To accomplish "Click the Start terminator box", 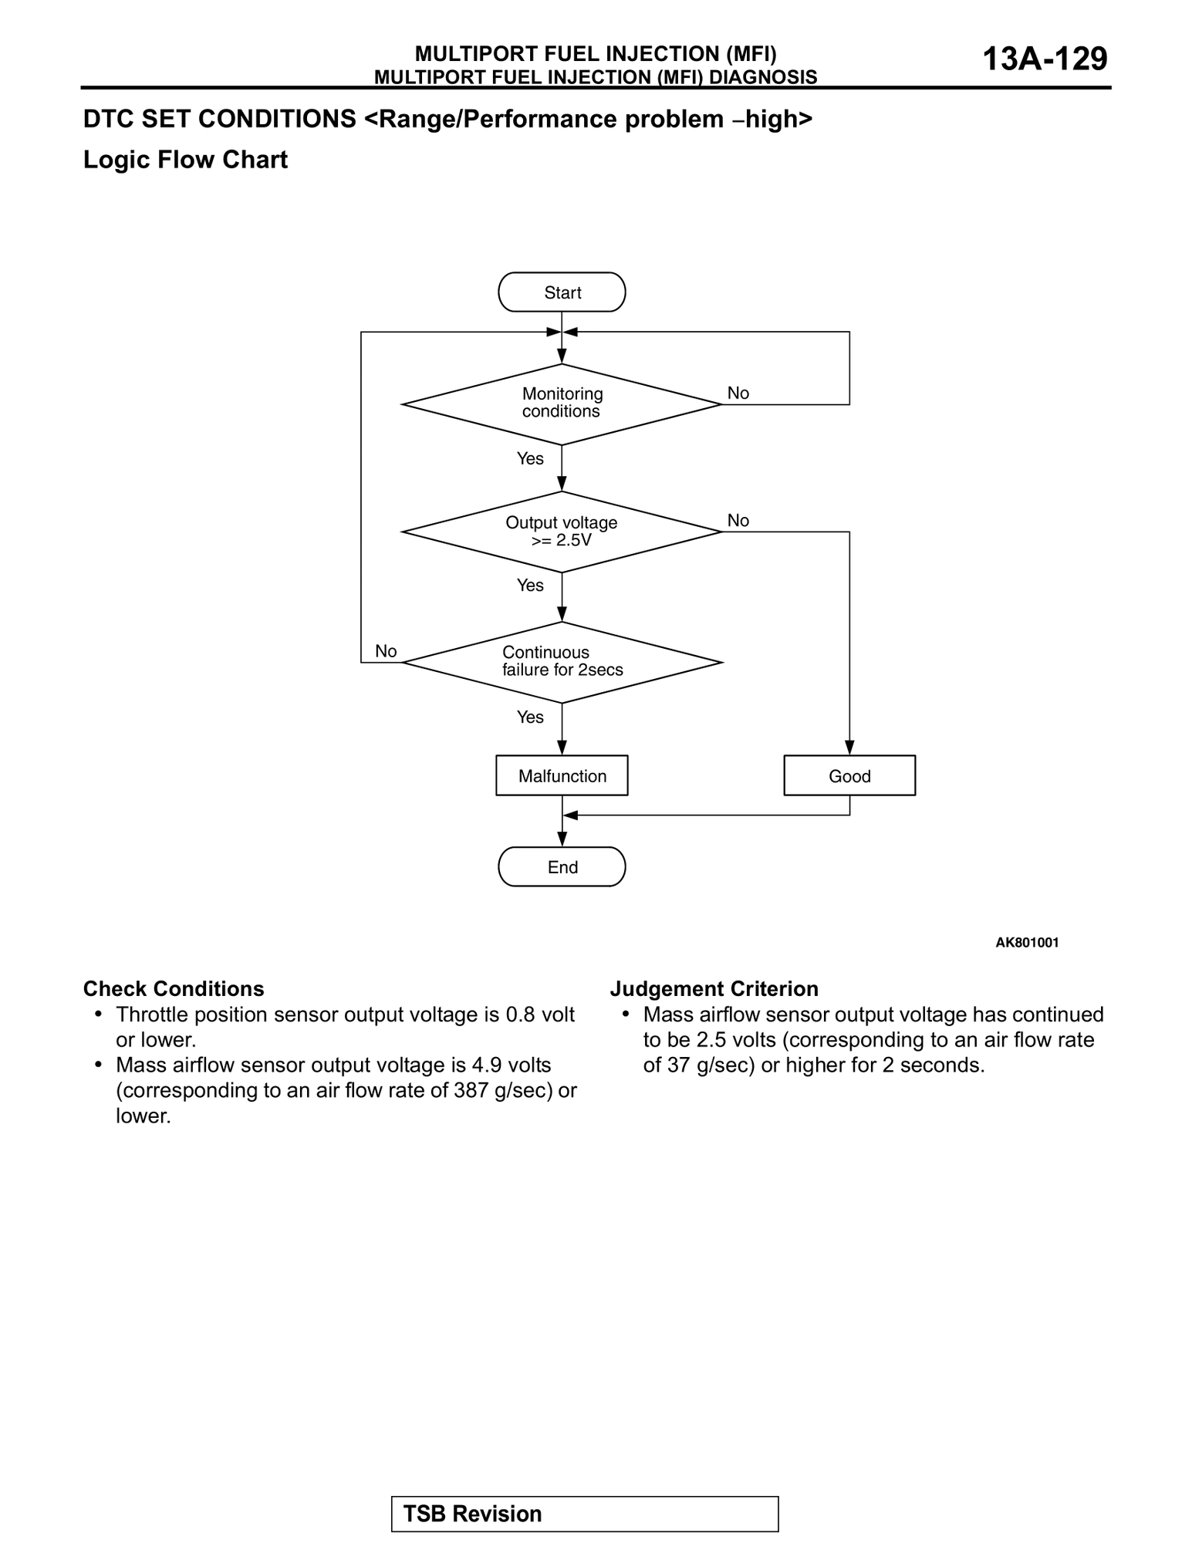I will (x=562, y=292).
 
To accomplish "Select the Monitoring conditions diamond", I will (x=562, y=403).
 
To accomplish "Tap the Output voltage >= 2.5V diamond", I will (x=562, y=532).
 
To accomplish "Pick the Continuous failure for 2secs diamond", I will (x=562, y=662).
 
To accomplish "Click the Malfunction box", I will (x=562, y=775).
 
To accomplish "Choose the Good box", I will (x=849, y=775).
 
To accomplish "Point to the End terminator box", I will (x=562, y=866).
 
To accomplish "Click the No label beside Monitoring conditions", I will (x=738, y=393).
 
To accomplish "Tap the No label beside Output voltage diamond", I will (x=738, y=521).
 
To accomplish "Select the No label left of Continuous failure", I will (x=386, y=651).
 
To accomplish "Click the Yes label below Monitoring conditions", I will (x=530, y=459).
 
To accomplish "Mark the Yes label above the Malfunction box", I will (x=530, y=717).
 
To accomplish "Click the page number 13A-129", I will (x=1045, y=59).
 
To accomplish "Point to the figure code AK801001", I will (x=1027, y=942).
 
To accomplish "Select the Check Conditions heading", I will (x=174, y=989).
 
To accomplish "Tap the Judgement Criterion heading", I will (x=714, y=989).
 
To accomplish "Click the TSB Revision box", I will (x=585, y=1514).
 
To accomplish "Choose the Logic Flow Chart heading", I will (x=185, y=160).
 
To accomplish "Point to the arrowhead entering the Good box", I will (x=849, y=748).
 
